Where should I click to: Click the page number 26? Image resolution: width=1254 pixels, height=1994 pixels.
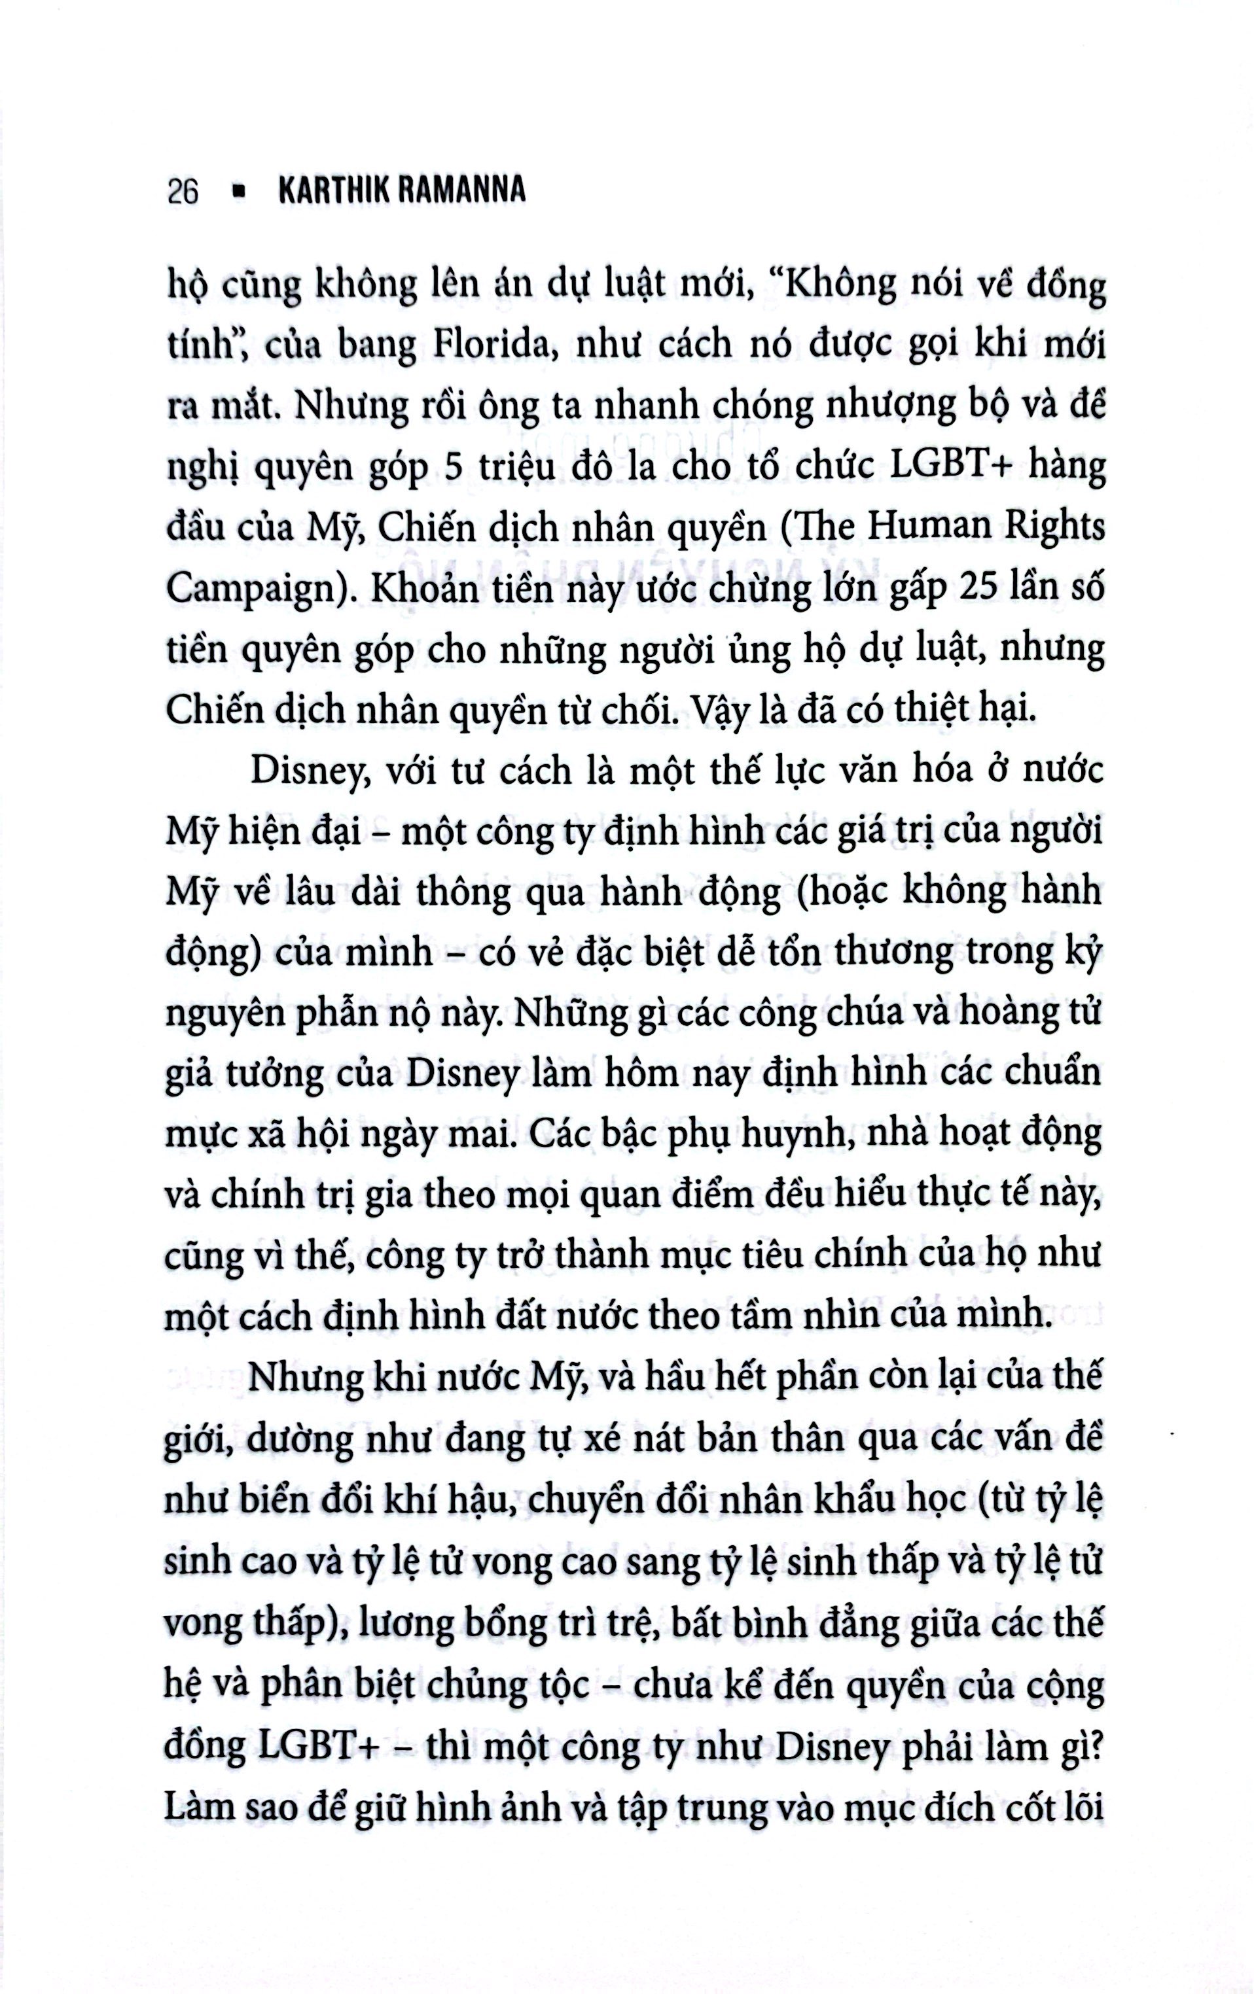[x=183, y=192]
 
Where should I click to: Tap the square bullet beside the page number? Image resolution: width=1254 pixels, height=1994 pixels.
[x=241, y=191]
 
